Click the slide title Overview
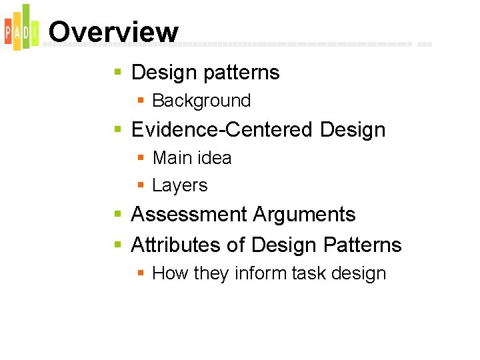(113, 32)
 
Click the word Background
(201, 101)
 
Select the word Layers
(180, 185)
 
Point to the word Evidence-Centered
(223, 129)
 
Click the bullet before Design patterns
(118, 72)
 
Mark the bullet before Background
(141, 101)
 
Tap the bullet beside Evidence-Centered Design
(118, 129)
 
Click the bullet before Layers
(141, 185)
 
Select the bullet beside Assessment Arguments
(118, 215)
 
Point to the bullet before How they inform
(141, 273)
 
